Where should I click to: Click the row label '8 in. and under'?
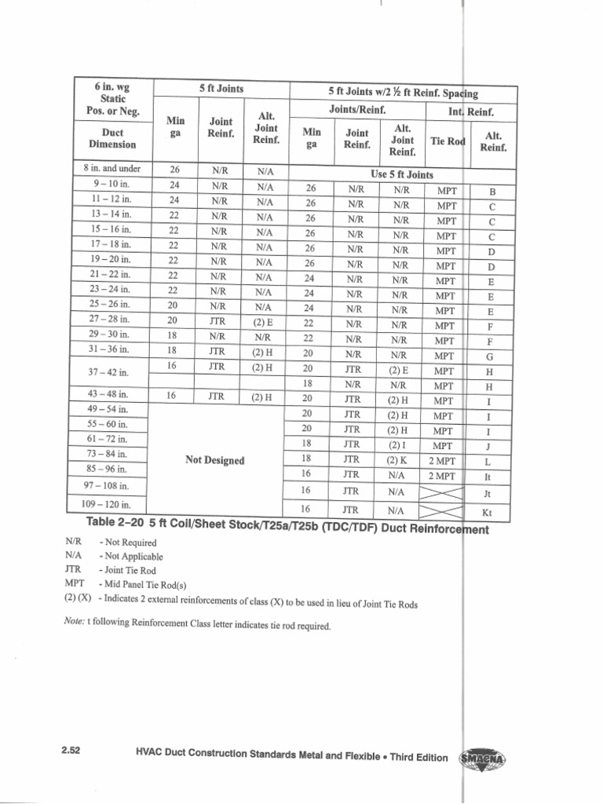112,168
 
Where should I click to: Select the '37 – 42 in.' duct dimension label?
112,371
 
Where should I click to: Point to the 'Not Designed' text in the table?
214,460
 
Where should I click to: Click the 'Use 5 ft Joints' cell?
402,174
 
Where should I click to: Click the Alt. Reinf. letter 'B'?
492,191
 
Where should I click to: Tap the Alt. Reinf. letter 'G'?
490,356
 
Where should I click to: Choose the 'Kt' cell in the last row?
487,512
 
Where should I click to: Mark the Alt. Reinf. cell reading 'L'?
488,462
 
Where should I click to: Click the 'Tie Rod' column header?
448,141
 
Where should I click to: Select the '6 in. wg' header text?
112,86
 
